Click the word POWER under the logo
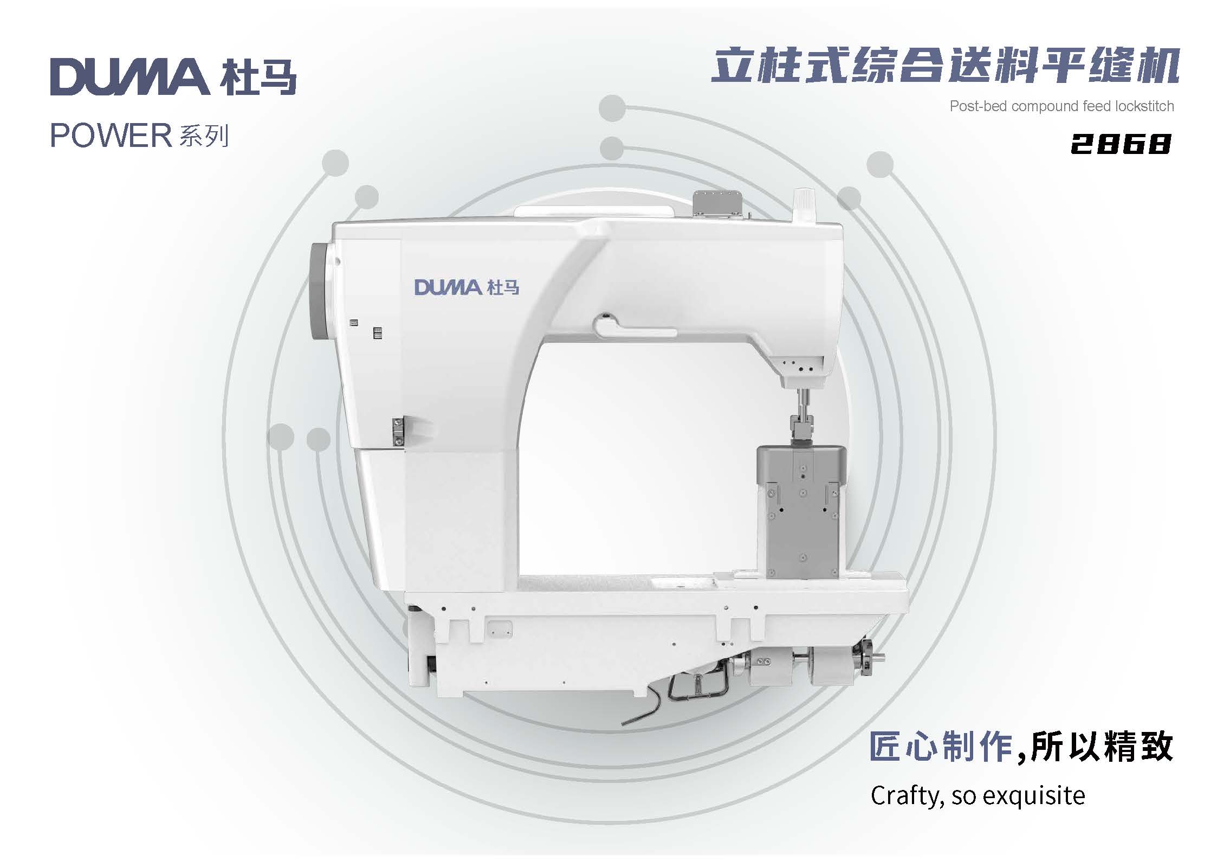111,136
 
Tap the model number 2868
1121,144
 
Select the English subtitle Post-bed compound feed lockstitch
1061,106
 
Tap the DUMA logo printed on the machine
467,287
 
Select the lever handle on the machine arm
634,327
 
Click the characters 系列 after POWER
204,136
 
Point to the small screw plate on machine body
398,432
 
